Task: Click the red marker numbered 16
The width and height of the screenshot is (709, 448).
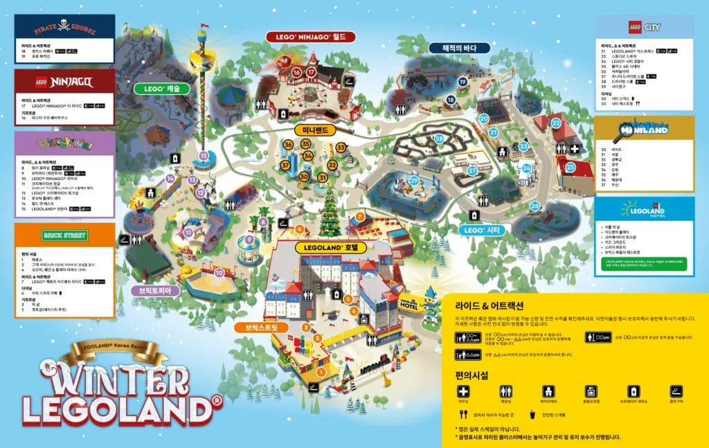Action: [x=296, y=72]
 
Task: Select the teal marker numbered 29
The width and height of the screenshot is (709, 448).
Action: [x=414, y=181]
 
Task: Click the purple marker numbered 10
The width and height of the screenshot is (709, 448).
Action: [x=219, y=273]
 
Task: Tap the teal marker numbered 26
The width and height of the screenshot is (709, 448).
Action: [x=535, y=206]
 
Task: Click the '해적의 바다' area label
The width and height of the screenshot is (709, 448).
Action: [x=457, y=48]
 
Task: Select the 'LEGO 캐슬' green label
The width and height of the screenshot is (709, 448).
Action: [x=162, y=89]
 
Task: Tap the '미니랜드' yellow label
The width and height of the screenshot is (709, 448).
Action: [x=315, y=130]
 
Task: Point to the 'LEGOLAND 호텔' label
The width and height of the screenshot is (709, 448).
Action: [x=327, y=246]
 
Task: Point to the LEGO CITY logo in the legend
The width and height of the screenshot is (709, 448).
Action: [x=644, y=28]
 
